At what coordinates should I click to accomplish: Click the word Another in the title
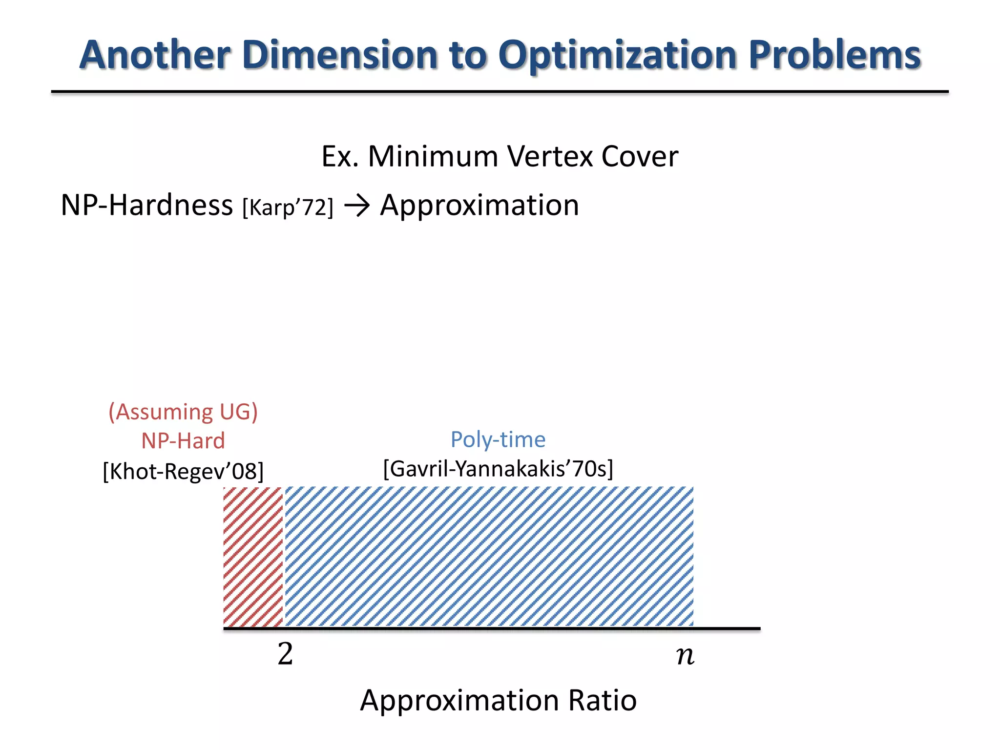(x=155, y=55)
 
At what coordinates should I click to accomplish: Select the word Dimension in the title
(x=340, y=55)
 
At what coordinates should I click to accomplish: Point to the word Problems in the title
(x=834, y=55)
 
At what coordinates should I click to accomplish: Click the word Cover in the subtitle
(x=640, y=157)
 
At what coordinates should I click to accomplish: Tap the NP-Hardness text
(x=146, y=205)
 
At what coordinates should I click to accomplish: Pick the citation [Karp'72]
(x=288, y=208)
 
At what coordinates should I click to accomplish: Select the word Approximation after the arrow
(x=479, y=205)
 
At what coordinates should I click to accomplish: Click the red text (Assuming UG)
(x=183, y=412)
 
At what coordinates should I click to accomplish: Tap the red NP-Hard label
(x=183, y=441)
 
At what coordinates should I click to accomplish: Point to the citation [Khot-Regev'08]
(x=183, y=472)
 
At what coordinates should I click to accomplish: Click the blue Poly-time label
(x=498, y=439)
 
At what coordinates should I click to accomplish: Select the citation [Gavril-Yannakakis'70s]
(x=498, y=469)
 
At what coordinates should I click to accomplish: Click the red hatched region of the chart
(x=253, y=557)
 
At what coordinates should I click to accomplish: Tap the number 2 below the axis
(x=285, y=654)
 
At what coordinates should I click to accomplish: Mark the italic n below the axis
(x=685, y=655)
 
